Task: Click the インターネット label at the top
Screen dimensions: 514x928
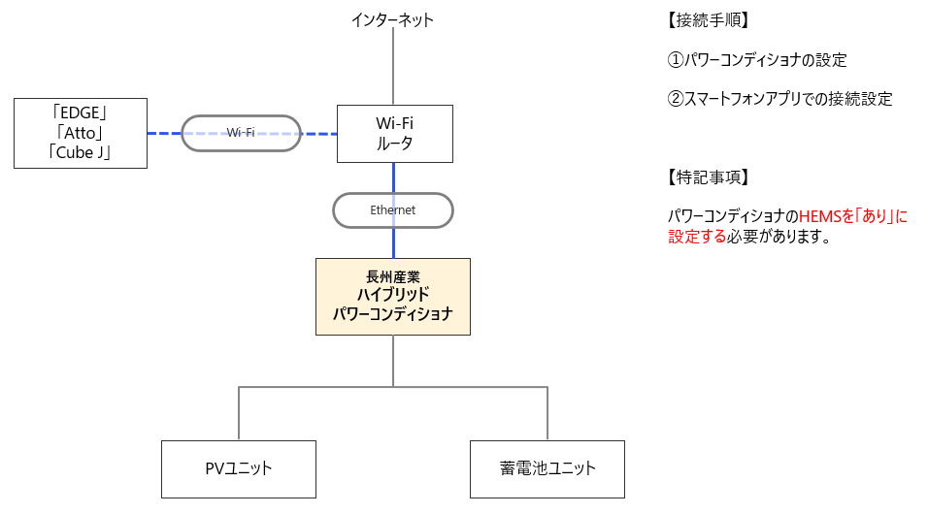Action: [393, 19]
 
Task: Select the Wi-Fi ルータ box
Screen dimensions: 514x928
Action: [394, 134]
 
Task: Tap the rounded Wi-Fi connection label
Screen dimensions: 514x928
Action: [241, 133]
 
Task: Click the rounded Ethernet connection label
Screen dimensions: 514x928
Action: [393, 209]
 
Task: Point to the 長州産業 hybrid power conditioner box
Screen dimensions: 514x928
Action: [393, 297]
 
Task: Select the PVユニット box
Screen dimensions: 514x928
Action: [239, 468]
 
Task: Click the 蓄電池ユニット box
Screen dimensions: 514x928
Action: [547, 468]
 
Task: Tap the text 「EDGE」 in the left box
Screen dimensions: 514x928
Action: [82, 113]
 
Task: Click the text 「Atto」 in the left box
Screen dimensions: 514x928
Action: [82, 133]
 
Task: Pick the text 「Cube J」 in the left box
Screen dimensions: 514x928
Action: [82, 152]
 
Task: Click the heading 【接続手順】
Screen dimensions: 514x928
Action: [709, 20]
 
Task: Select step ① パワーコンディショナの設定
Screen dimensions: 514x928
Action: [758, 60]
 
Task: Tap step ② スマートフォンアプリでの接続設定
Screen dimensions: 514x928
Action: [780, 99]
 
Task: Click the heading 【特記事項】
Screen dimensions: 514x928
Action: [709, 177]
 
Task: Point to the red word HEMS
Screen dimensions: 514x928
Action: [818, 217]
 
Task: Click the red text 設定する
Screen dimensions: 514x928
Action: [697, 237]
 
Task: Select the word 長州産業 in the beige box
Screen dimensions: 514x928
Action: [393, 276]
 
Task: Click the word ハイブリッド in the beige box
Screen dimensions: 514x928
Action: [393, 296]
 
